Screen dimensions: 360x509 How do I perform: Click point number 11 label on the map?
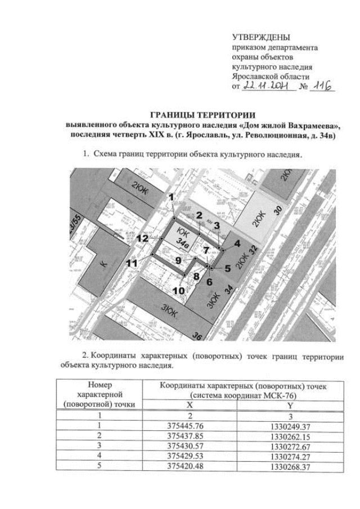132,263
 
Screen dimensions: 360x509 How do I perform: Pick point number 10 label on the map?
178,290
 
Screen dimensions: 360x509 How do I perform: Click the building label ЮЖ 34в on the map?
184,238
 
